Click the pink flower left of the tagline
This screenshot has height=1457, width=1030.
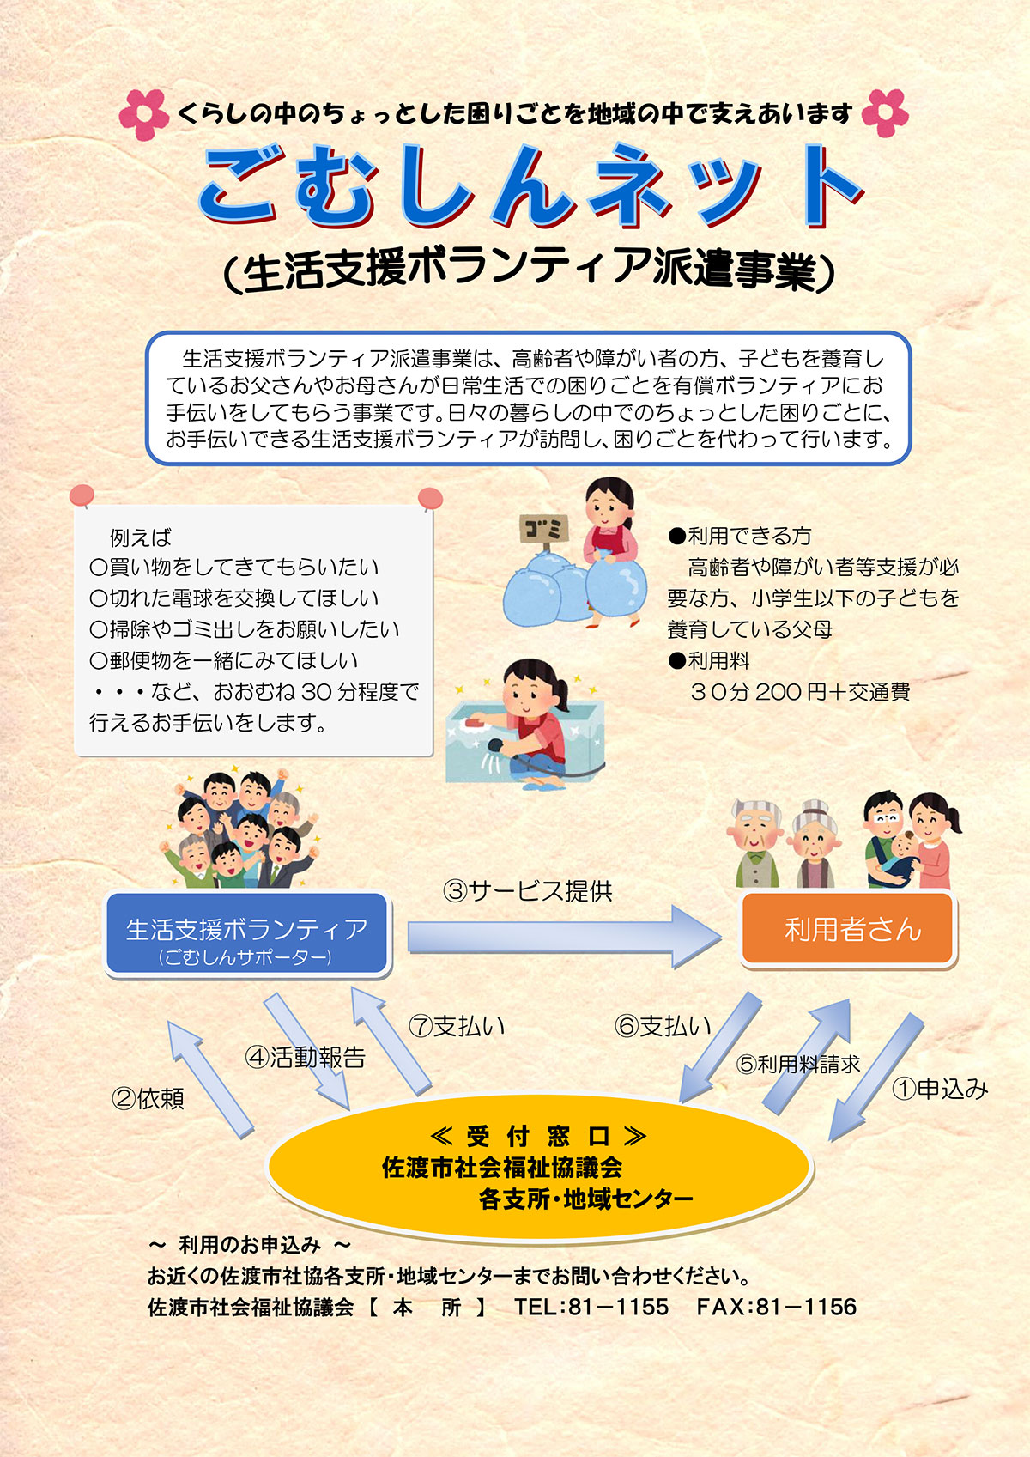click(143, 114)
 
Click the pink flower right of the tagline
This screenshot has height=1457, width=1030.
click(884, 112)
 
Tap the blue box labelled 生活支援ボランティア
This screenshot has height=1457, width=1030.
click(247, 934)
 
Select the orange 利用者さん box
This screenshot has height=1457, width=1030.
click(848, 929)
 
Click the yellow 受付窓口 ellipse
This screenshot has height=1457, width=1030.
click(539, 1168)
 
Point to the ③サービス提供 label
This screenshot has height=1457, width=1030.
click(528, 891)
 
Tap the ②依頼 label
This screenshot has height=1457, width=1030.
click(148, 1098)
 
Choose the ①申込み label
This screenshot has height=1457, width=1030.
click(940, 1089)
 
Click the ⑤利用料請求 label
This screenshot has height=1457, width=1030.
click(798, 1065)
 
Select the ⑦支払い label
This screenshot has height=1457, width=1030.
click(457, 1026)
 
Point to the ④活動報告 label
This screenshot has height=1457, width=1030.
click(306, 1058)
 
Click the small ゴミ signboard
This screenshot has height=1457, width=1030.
click(542, 529)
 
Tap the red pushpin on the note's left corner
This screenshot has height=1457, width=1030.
click(82, 495)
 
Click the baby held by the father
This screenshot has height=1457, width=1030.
click(901, 854)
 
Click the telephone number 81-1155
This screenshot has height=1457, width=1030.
click(618, 1307)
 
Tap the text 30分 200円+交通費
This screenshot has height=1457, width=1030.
click(800, 692)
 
